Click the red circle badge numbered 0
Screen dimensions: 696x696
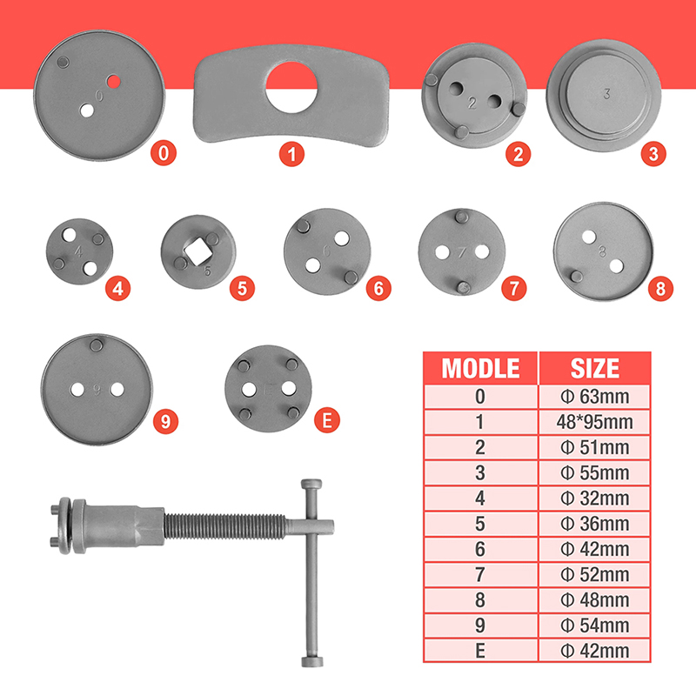coord(164,153)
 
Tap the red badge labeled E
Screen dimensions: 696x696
coord(327,420)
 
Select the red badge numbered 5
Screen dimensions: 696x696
coord(242,289)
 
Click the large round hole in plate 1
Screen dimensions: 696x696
coord(291,88)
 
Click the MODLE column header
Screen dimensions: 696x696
coord(480,368)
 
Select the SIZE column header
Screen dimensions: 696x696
coord(595,368)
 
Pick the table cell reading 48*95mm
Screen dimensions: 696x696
coord(595,422)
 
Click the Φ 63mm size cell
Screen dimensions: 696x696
coord(595,397)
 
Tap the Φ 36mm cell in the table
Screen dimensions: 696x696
coord(595,524)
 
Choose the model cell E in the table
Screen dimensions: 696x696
coord(480,651)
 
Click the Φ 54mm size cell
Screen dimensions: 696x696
coord(595,626)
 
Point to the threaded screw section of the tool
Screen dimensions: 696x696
coord(225,526)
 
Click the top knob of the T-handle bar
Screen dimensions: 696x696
coord(311,485)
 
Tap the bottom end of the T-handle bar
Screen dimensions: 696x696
coord(312,661)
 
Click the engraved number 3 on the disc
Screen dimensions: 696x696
coord(606,94)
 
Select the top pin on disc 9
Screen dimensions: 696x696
coord(96,345)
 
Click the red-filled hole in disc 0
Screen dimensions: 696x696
coord(114,81)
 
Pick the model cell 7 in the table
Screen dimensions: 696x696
coord(480,575)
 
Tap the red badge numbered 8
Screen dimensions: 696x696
coord(660,289)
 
